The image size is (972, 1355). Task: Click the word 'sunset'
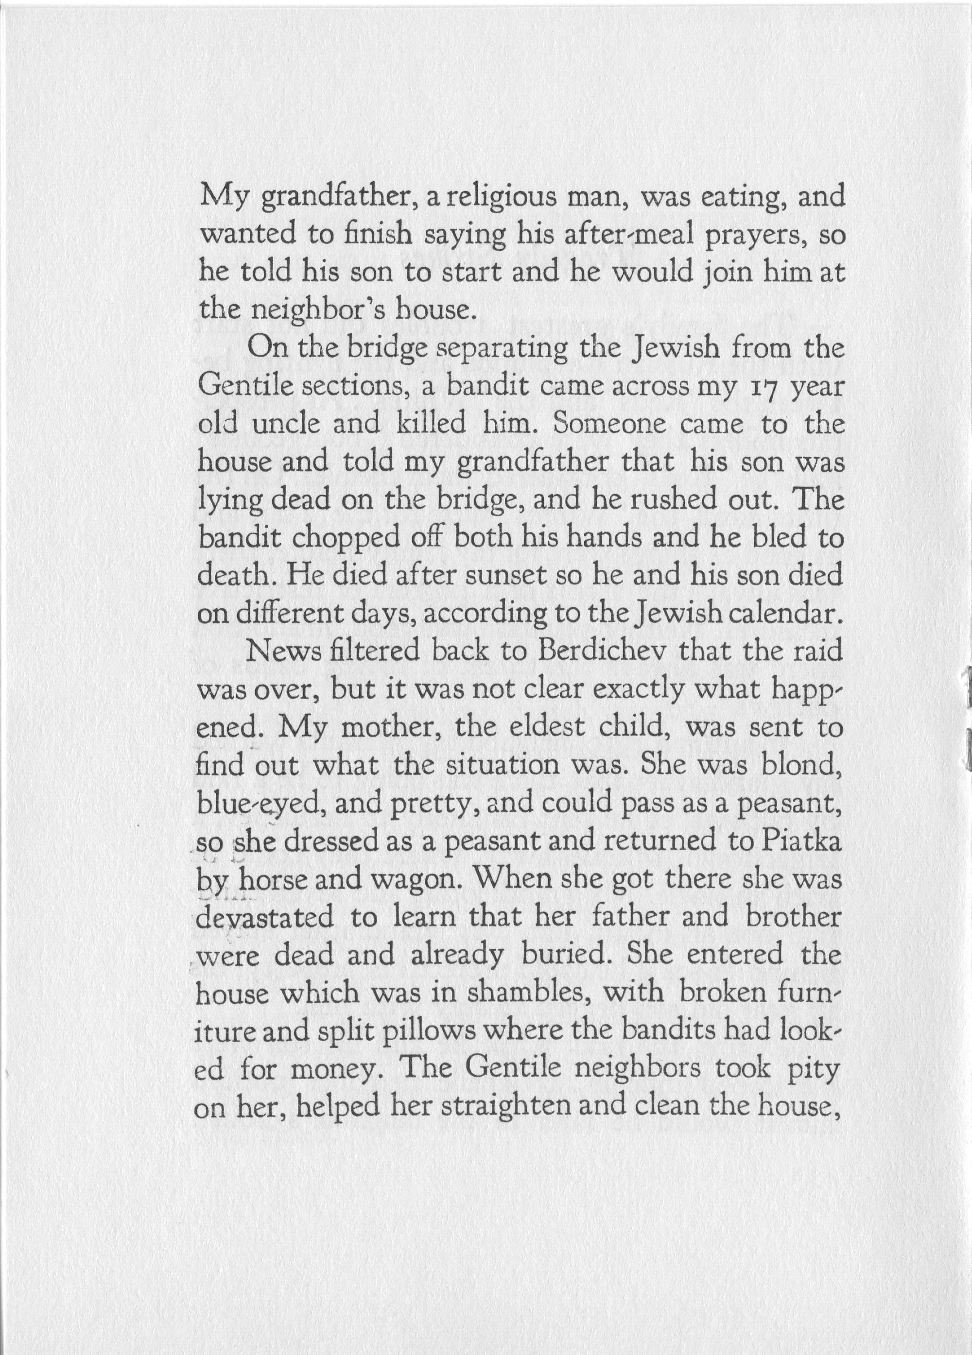tap(506, 577)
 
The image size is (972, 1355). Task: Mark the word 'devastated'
tap(265, 918)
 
